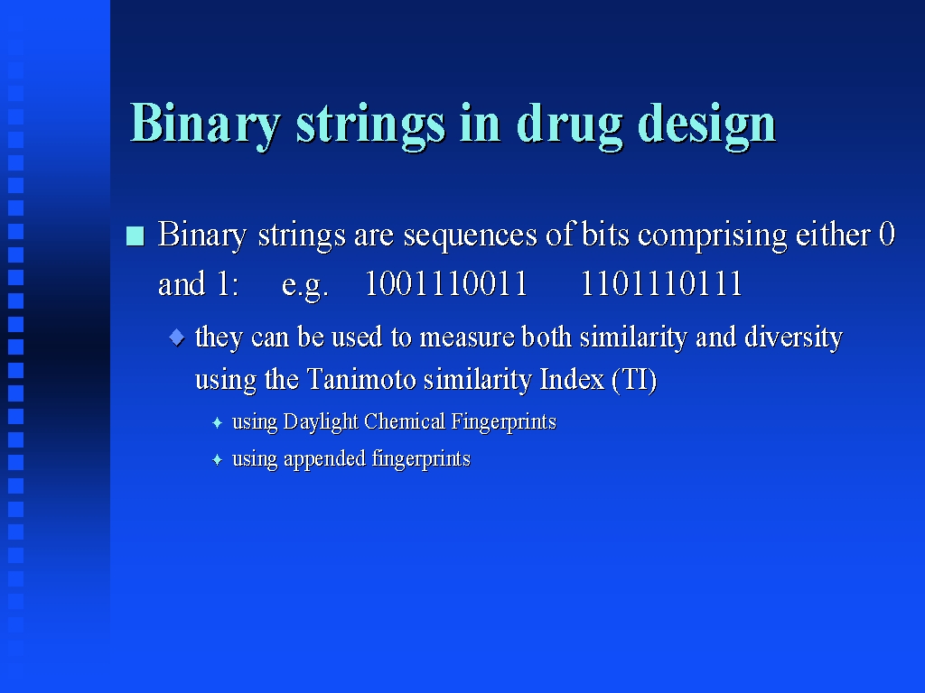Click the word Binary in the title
(x=205, y=124)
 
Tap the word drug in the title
(x=569, y=124)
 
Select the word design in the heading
(x=706, y=124)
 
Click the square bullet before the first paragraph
(x=135, y=236)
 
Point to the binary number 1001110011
(x=446, y=283)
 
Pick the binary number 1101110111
(x=661, y=283)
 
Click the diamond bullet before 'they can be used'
(x=177, y=337)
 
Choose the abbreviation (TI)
(x=634, y=379)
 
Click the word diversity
(x=793, y=337)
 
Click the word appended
(x=324, y=459)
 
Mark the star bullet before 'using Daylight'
(x=217, y=422)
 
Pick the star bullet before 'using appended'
(x=217, y=459)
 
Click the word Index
(x=572, y=379)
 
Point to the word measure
(x=467, y=337)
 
